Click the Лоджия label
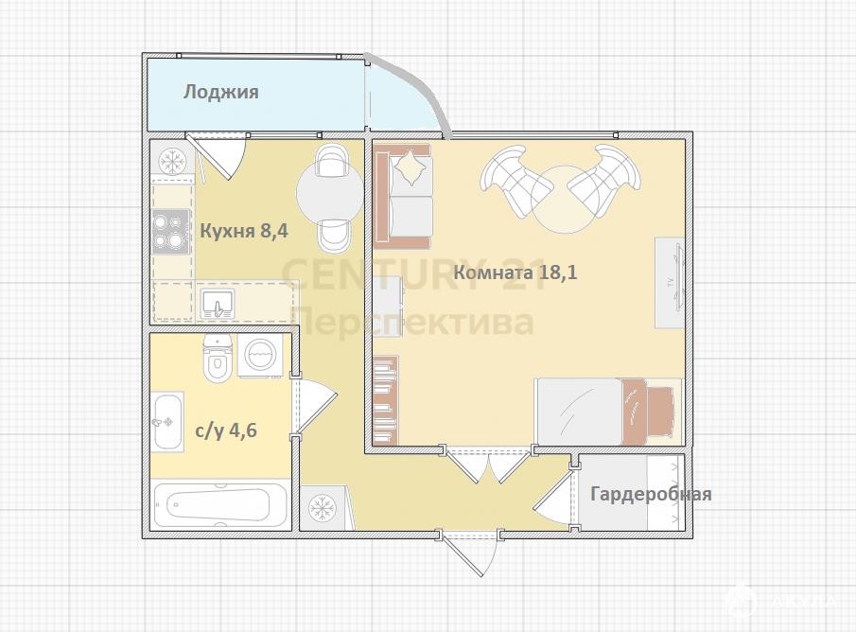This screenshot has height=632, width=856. (220, 92)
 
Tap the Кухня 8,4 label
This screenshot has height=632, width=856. (244, 231)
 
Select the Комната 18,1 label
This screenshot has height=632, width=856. (515, 272)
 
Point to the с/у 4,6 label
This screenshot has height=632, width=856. (226, 430)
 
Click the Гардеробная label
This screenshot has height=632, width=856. (652, 494)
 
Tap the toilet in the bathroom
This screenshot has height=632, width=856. (218, 358)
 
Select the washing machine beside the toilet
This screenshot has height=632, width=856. (260, 356)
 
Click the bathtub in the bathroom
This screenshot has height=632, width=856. (220, 504)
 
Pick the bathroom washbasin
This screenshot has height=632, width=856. (167, 422)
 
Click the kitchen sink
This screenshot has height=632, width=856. (218, 304)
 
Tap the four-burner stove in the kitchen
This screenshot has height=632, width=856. (171, 232)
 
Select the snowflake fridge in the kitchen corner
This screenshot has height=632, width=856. (172, 161)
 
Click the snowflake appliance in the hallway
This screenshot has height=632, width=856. (323, 507)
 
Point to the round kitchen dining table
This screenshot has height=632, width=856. (330, 190)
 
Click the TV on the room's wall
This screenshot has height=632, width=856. (670, 282)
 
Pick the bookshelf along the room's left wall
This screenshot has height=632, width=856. (385, 399)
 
